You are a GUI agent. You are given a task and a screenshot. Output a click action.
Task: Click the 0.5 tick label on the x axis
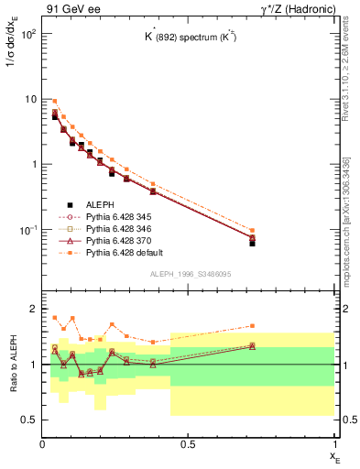point(188,444)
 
